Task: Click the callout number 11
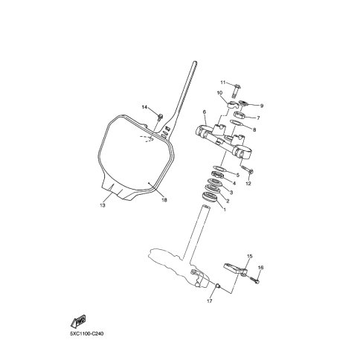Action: (x=223, y=83)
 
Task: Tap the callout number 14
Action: (x=144, y=107)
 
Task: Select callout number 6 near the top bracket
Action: (x=205, y=112)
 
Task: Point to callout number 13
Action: (x=103, y=205)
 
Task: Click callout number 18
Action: (x=164, y=200)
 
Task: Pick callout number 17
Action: (x=210, y=301)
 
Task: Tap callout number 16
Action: (x=260, y=268)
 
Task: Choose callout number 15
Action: (x=250, y=256)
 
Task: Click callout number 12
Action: (x=248, y=184)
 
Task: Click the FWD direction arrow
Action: (x=78, y=321)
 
